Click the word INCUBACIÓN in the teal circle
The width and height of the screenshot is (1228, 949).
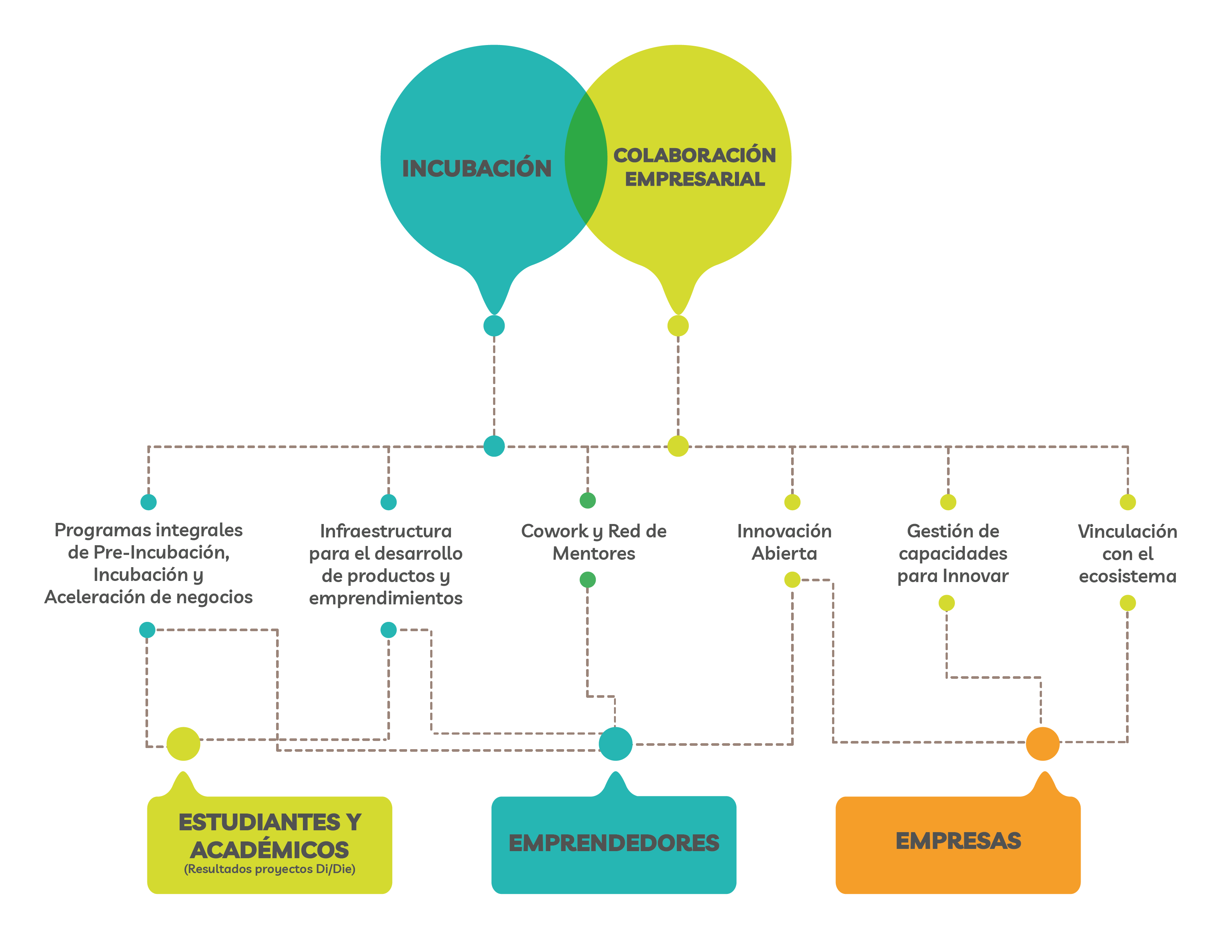476,168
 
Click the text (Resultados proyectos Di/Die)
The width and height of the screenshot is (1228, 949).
269,869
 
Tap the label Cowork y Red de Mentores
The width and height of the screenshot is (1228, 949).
594,542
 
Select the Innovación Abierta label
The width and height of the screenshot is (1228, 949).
784,542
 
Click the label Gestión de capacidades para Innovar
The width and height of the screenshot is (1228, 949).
953,553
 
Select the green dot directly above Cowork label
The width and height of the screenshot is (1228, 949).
588,500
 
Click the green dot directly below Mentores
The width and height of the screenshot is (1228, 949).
588,579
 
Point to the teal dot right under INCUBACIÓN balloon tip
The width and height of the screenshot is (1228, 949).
494,326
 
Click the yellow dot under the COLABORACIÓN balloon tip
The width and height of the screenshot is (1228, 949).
678,326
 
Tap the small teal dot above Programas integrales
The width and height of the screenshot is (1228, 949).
148,502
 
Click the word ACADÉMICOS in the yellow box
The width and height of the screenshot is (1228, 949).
269,850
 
